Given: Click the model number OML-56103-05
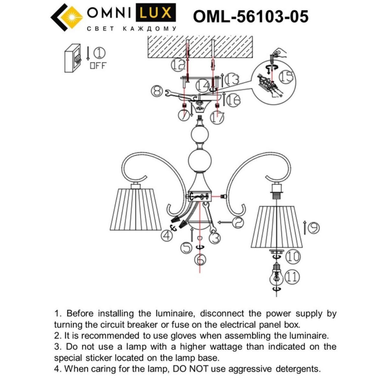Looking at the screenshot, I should pos(251,16).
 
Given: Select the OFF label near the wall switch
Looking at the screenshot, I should pos(98,65).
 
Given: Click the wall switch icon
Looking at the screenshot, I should pos(73,58).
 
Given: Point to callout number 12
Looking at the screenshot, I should pos(177,66).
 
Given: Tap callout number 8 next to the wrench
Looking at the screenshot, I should pos(157,91).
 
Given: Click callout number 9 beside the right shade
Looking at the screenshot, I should pos(313,228).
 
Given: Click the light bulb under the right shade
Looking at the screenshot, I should pos(275,275).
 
